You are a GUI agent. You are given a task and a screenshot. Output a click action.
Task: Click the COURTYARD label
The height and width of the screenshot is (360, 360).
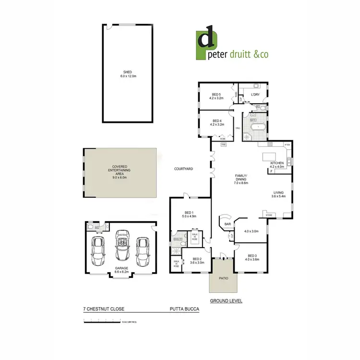pyautogui.click(x=183, y=169)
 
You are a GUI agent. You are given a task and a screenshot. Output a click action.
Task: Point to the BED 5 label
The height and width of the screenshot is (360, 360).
pyautogui.click(x=216, y=95)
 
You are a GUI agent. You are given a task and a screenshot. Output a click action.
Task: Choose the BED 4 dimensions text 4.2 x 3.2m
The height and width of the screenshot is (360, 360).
pyautogui.click(x=216, y=125)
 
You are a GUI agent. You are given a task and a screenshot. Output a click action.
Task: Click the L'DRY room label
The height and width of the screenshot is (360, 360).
pyautogui.click(x=255, y=95)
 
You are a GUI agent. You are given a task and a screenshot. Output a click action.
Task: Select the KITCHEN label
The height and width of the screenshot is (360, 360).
pyautogui.click(x=277, y=163)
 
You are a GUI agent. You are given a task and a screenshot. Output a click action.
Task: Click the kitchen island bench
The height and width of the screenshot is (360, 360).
pyautogui.click(x=269, y=157)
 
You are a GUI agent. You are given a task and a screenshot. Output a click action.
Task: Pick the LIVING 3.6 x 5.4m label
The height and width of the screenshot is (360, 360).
pyautogui.click(x=279, y=194)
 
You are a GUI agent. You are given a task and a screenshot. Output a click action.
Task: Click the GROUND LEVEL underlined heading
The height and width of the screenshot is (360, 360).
pyautogui.click(x=226, y=301)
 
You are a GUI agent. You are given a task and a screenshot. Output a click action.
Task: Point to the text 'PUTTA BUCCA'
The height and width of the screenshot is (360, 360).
pyautogui.click(x=184, y=310)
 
